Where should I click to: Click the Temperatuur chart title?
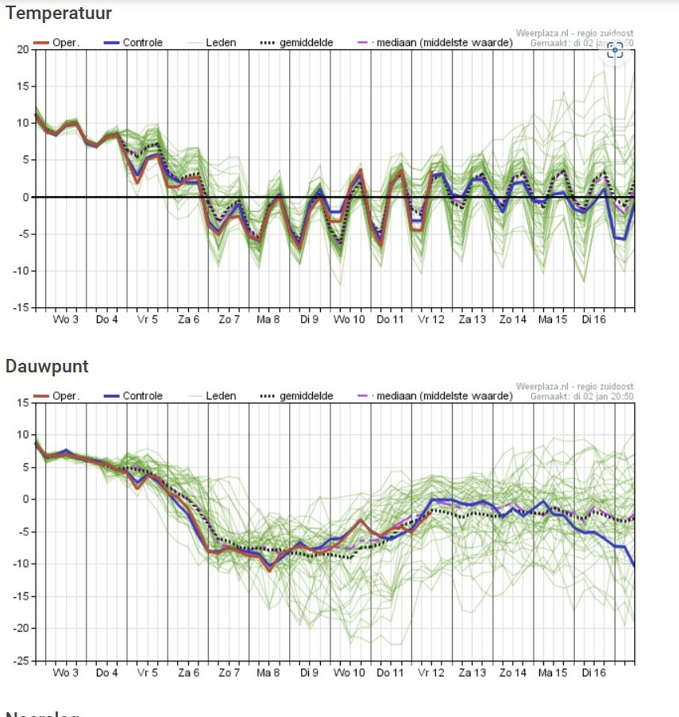59,13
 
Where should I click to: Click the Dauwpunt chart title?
47,366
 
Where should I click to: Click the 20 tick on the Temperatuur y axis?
21,49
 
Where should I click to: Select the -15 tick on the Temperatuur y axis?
19,307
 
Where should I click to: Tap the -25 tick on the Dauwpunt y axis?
19,661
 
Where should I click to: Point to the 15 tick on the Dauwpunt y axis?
21,403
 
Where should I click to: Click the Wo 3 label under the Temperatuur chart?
66,319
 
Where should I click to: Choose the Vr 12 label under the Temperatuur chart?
431,319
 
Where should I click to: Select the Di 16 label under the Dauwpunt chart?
593,673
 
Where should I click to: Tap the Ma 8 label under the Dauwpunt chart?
268,673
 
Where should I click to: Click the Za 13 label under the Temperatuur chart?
472,319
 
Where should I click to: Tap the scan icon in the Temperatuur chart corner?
615,50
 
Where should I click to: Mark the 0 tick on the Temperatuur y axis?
25,197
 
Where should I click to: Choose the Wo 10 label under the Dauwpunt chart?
349,673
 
